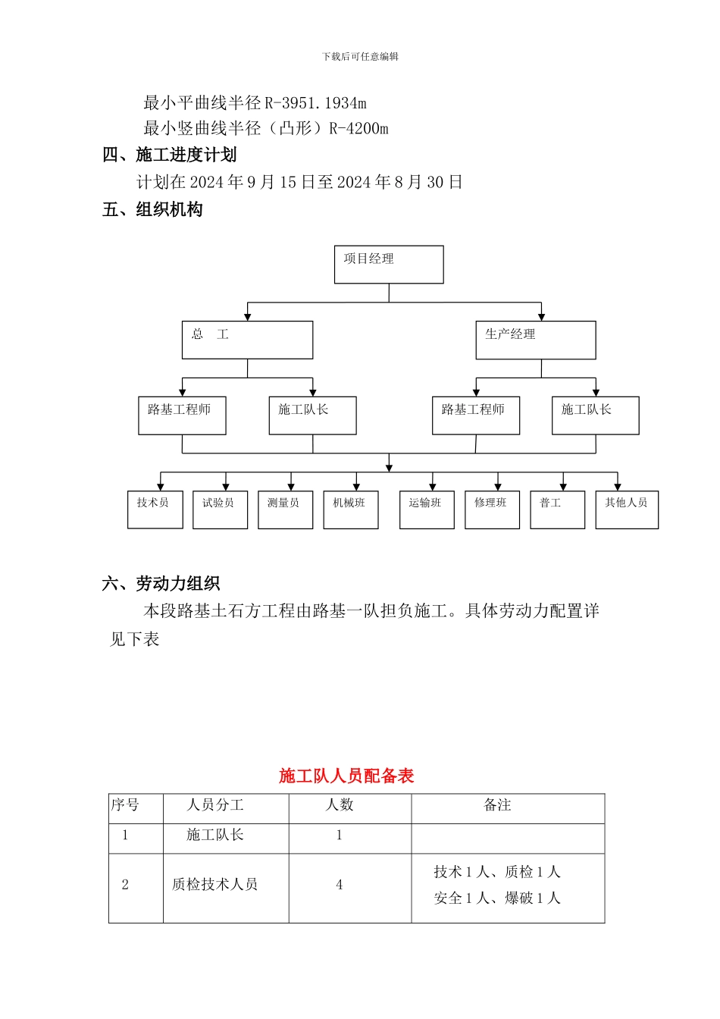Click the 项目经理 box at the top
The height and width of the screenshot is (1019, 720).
[x=389, y=265]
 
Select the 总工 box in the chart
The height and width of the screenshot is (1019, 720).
[x=247, y=340]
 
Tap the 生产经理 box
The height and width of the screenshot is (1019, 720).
[x=535, y=340]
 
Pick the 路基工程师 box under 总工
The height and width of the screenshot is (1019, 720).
[x=182, y=415]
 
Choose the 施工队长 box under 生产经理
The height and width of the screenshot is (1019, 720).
[x=595, y=415]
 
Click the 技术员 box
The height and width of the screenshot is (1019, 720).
[x=155, y=509]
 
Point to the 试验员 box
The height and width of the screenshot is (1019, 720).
[x=220, y=509]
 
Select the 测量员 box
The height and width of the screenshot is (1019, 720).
[x=285, y=509]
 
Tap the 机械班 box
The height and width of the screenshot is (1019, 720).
[x=350, y=509]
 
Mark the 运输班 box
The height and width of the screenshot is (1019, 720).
[x=427, y=509]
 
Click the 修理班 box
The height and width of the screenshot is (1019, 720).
[x=492, y=509]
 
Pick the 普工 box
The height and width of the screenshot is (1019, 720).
[x=557, y=509]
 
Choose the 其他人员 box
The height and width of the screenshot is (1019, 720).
[x=627, y=509]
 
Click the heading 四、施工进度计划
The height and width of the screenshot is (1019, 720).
[x=170, y=155]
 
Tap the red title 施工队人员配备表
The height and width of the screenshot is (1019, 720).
[x=346, y=776]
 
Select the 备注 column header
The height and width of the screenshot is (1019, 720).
[x=498, y=805]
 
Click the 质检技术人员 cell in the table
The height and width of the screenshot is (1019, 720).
[x=215, y=885]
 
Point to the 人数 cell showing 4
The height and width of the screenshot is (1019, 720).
[x=340, y=885]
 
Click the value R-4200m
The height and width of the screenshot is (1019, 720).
[x=358, y=128]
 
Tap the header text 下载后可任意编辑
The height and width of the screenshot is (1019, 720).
[x=360, y=57]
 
